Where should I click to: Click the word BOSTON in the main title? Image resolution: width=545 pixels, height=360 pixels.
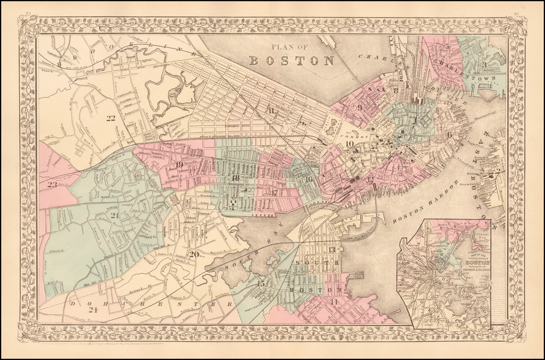pyautogui.click(x=292, y=60)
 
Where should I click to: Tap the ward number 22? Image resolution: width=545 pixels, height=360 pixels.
pyautogui.click(x=111, y=118)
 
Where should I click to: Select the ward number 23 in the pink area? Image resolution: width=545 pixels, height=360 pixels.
pyautogui.click(x=52, y=185)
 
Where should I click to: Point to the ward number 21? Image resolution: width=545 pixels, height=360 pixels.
pyautogui.click(x=114, y=215)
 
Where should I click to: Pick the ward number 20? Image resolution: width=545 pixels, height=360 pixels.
pyautogui.click(x=194, y=254)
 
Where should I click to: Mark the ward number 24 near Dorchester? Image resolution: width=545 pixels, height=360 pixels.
pyautogui.click(x=79, y=310)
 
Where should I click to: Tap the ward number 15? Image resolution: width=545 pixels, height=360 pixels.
pyautogui.click(x=260, y=283)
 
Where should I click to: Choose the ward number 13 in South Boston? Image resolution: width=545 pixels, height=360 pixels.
pyautogui.click(x=332, y=249)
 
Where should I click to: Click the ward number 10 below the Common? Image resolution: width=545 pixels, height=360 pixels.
pyautogui.click(x=349, y=143)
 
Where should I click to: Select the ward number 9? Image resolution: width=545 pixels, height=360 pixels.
pyautogui.click(x=360, y=107)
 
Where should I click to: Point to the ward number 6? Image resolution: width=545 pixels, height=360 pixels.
pyautogui.click(x=450, y=135)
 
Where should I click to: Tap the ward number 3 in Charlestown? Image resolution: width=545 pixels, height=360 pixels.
pyautogui.click(x=485, y=65)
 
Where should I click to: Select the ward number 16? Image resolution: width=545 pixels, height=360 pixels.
pyautogui.click(x=308, y=179)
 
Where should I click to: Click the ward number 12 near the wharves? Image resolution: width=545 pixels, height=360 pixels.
pyautogui.click(x=370, y=178)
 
